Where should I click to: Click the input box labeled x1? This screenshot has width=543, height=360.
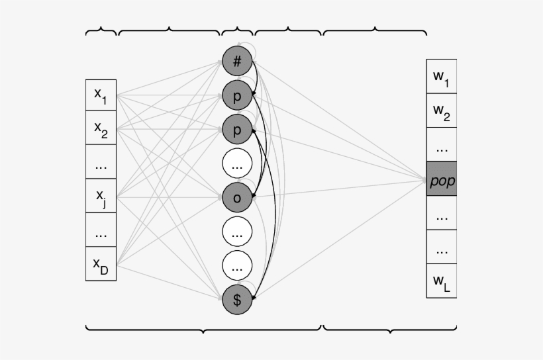pyautogui.click(x=101, y=95)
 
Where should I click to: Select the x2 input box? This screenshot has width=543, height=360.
pyautogui.click(x=101, y=129)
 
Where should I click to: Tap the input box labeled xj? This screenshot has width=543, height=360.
pyautogui.click(x=101, y=196)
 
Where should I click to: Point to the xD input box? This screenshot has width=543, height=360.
pyautogui.click(x=101, y=264)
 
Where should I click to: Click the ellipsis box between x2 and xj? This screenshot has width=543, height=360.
pyautogui.click(x=101, y=163)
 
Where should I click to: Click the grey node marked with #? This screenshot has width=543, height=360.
pyautogui.click(x=236, y=62)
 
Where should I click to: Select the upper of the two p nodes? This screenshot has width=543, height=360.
pyautogui.click(x=236, y=95)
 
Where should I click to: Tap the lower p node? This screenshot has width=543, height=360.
pyautogui.click(x=236, y=129)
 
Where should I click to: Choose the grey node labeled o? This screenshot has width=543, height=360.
pyautogui.click(x=236, y=197)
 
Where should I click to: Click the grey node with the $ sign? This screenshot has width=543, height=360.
pyautogui.click(x=236, y=298)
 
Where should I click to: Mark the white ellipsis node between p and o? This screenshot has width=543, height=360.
pyautogui.click(x=236, y=163)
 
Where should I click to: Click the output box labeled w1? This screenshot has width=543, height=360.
pyautogui.click(x=442, y=77)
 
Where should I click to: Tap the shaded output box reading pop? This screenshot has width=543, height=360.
pyautogui.click(x=442, y=180)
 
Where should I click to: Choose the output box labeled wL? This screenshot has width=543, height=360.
pyautogui.click(x=442, y=281)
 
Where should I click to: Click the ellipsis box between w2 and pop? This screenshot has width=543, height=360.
pyautogui.click(x=442, y=146)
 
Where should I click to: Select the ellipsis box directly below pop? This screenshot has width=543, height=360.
pyautogui.click(x=442, y=214)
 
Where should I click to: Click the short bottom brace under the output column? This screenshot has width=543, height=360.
pyautogui.click(x=389, y=329)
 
